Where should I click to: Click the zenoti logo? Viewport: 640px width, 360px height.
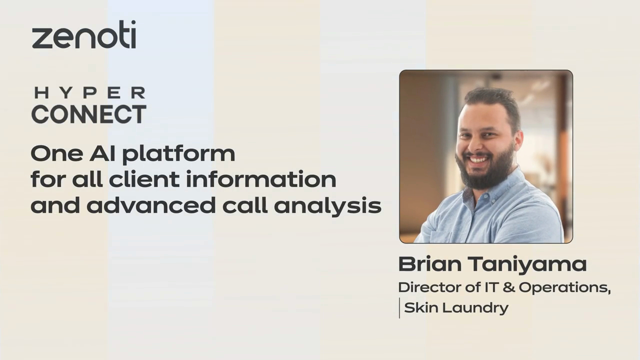click(x=83, y=35)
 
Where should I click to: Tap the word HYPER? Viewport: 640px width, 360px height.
click(x=89, y=93)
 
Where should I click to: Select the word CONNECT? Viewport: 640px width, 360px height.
click(x=89, y=114)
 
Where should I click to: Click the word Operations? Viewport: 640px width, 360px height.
click(x=563, y=288)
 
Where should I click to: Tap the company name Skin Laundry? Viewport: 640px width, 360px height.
click(x=456, y=308)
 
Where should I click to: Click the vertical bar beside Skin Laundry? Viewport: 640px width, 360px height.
click(x=399, y=308)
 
